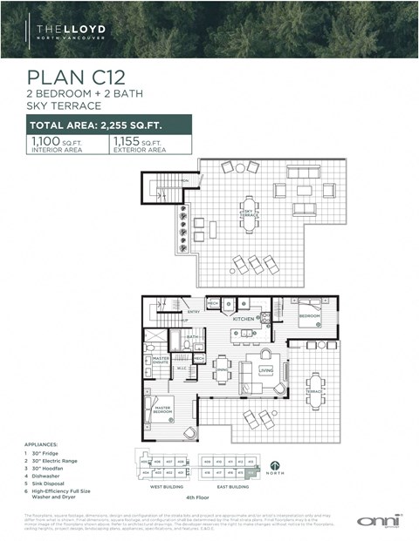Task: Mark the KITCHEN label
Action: [244, 320]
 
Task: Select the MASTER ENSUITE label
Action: [161, 359]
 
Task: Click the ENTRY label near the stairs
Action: [193, 311]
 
